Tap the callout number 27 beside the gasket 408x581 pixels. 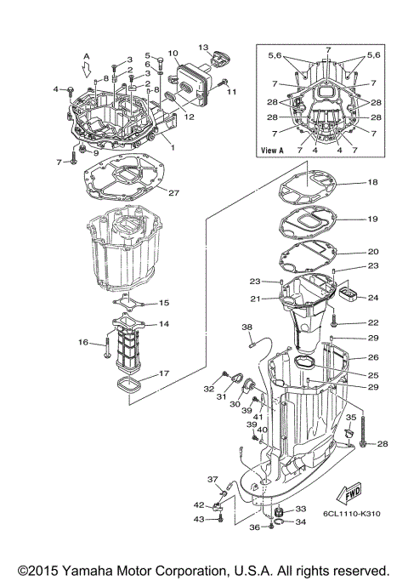point(173,193)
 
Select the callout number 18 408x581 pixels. point(371,183)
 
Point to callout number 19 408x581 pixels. point(371,219)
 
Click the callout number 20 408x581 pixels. point(371,253)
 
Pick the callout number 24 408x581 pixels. point(371,299)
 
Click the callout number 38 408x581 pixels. point(247,327)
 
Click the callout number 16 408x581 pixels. point(84,342)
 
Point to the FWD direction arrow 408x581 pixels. point(356,494)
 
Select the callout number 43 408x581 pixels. point(199,519)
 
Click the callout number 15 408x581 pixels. point(164,303)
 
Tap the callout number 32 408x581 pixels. point(209,388)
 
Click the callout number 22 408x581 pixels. point(371,322)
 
